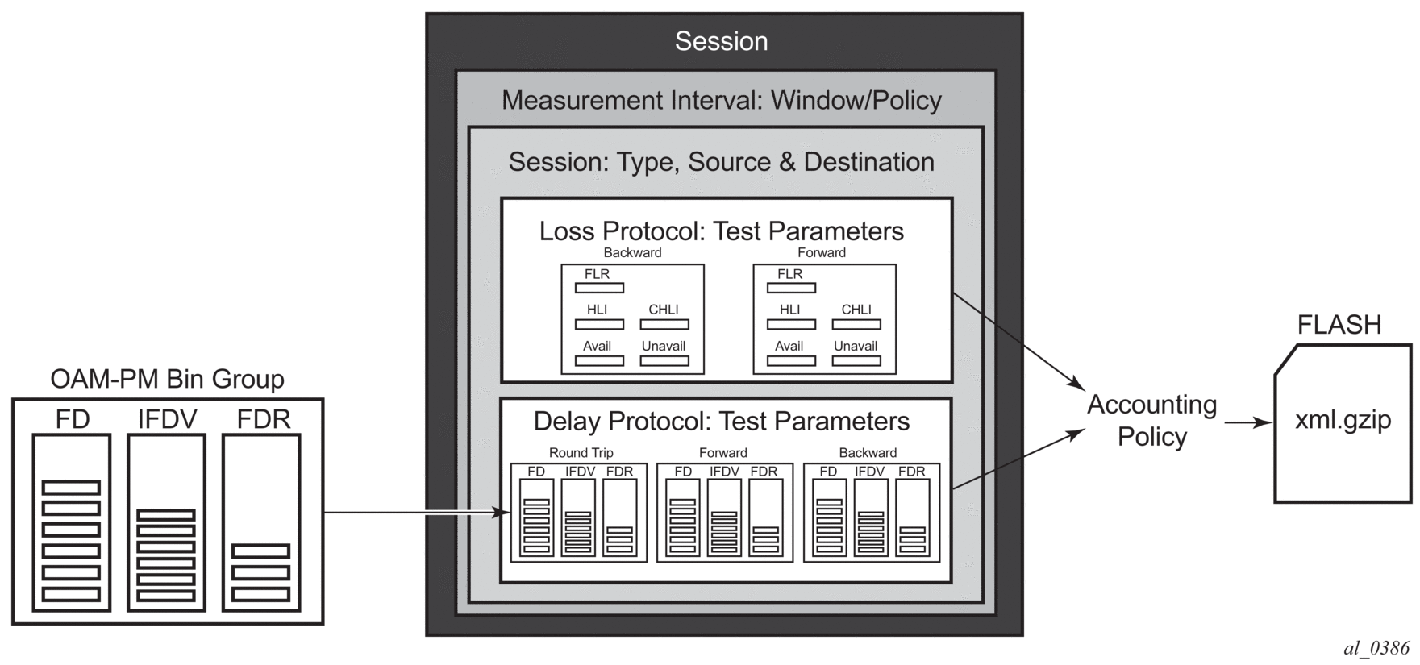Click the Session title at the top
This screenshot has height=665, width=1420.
point(721,41)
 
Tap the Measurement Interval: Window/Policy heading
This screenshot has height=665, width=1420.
point(721,101)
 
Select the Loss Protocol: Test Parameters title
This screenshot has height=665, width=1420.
point(721,231)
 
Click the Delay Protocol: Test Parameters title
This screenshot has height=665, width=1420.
point(721,422)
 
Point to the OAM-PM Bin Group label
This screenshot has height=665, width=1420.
point(167,379)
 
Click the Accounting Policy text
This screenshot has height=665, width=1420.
point(1151,420)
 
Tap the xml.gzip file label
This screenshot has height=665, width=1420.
point(1343,420)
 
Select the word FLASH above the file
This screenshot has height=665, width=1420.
point(1339,325)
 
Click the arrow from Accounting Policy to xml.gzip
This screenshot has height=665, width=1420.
point(1247,422)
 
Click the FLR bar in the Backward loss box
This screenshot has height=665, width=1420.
point(599,288)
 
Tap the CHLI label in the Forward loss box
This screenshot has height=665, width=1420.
point(856,310)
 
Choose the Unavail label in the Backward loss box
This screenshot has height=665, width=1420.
point(664,347)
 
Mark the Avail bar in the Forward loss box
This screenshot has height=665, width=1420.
point(791,360)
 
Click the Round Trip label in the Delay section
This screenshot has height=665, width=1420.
point(581,453)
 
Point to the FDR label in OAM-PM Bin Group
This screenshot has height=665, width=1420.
point(263,420)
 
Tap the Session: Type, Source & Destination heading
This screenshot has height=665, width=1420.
point(721,162)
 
